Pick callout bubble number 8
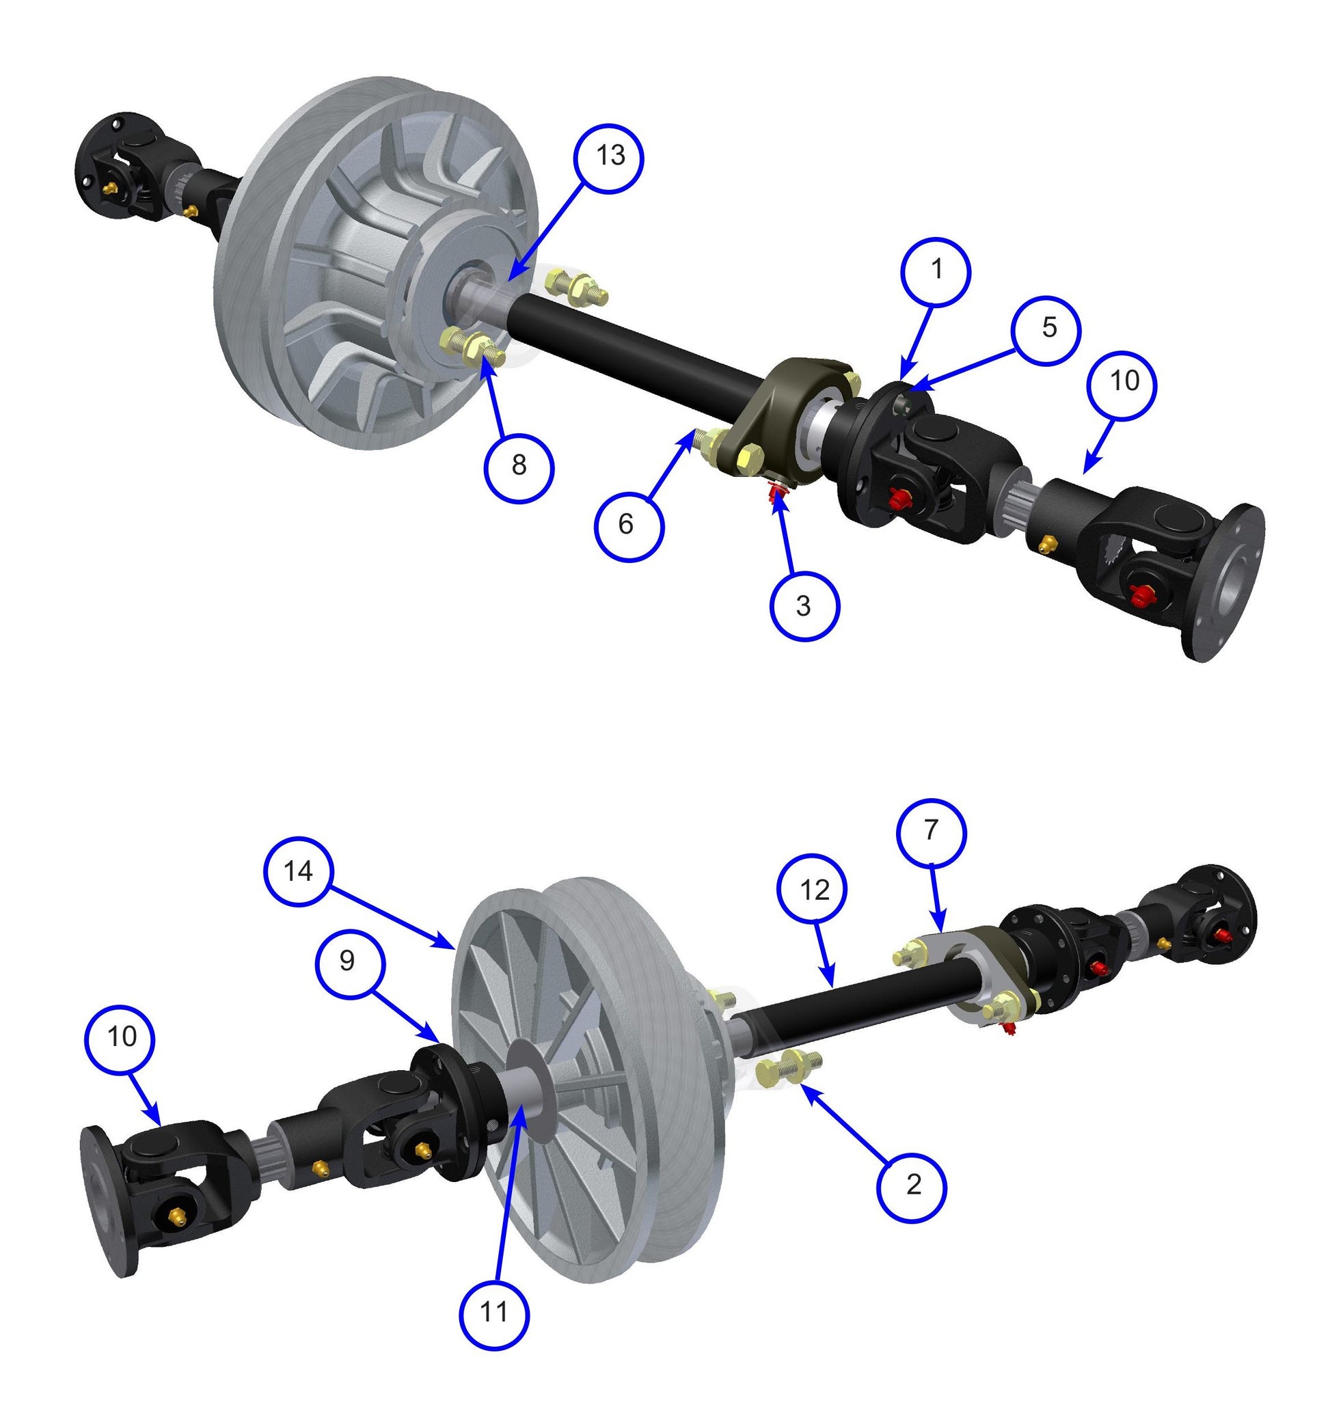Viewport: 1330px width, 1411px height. point(519,466)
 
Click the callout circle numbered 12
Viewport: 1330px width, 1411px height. point(814,890)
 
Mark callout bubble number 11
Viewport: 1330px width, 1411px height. point(494,1313)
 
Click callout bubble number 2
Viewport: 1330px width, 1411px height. point(912,1186)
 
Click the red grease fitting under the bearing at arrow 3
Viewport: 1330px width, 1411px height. point(776,489)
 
